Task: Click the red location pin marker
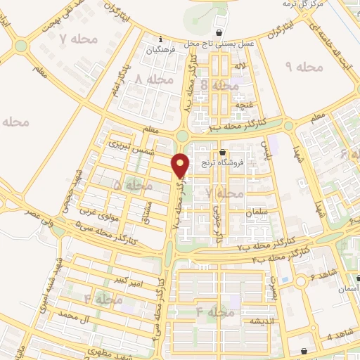coord(181,165)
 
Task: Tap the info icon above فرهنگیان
coord(162,39)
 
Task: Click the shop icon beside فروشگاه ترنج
coord(223,152)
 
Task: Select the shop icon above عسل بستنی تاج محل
coord(221,32)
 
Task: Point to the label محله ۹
coord(304,66)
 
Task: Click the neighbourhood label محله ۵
coord(132,186)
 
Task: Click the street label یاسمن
coord(265,149)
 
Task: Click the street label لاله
coord(240,67)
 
